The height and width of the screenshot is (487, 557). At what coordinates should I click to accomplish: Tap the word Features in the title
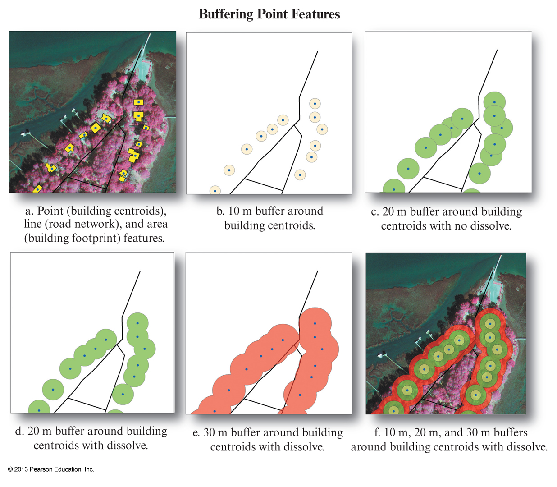tap(315, 14)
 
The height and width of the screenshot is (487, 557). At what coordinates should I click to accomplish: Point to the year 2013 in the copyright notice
tap(21, 469)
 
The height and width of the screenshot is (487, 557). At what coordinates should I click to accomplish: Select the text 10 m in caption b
tap(240, 211)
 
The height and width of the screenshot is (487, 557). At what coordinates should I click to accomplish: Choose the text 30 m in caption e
tap(215, 433)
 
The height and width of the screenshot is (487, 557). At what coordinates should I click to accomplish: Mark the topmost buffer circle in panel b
tap(315, 104)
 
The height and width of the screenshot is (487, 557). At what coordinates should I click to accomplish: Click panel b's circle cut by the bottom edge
tap(215, 190)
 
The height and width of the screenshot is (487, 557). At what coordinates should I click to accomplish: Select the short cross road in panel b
tap(263, 184)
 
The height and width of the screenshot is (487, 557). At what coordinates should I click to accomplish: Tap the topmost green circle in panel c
tap(494, 102)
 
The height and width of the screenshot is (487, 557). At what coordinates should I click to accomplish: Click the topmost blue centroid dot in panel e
tap(315, 323)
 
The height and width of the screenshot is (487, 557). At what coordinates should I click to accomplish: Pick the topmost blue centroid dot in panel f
tap(490, 324)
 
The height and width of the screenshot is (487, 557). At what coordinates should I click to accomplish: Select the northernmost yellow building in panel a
tap(138, 102)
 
